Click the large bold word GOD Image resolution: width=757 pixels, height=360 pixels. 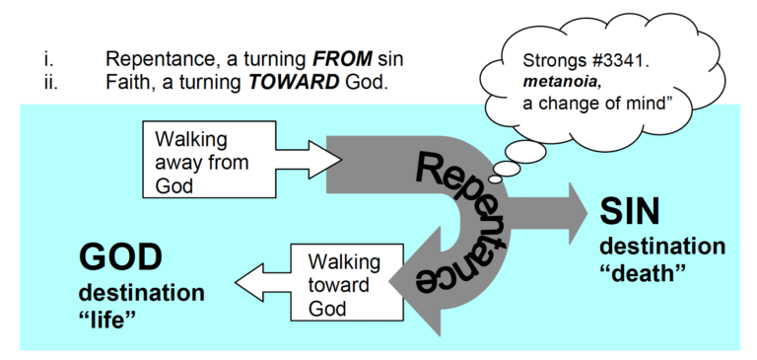pos(120,257)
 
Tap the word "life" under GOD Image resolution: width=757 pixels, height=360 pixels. pos(119,320)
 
